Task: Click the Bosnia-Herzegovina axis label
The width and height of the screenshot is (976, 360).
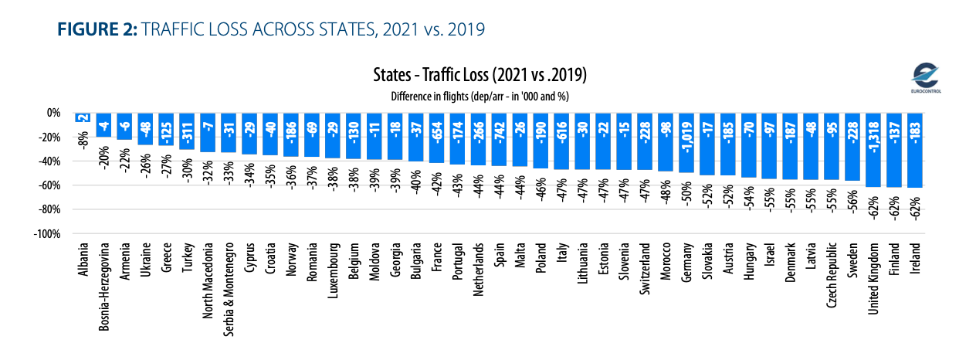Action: click(103, 287)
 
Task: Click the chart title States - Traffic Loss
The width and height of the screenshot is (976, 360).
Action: click(479, 77)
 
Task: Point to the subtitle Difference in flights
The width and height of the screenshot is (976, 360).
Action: click(479, 95)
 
